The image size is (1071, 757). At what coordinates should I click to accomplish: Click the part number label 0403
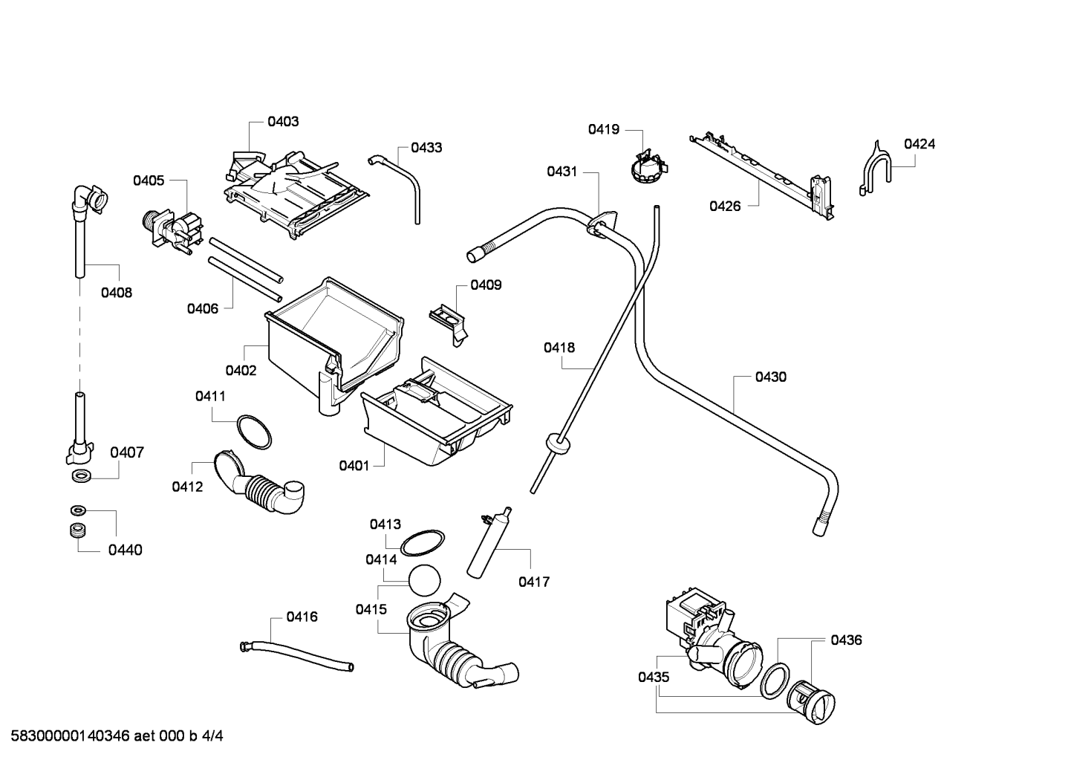(283, 122)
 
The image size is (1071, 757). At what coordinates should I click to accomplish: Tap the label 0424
(919, 144)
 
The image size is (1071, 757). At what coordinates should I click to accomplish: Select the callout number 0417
(534, 582)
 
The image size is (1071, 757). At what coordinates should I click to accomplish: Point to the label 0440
(126, 550)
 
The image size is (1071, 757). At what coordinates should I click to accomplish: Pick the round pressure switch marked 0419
(648, 167)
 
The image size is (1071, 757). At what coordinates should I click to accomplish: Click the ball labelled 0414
(424, 580)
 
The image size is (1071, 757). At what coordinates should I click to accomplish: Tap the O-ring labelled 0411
(254, 432)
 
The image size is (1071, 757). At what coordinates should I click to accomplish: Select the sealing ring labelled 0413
(422, 543)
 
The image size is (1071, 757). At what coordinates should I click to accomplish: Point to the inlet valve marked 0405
(172, 230)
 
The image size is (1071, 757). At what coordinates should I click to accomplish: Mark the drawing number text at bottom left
(117, 735)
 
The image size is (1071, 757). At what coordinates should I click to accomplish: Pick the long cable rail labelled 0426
(761, 177)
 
